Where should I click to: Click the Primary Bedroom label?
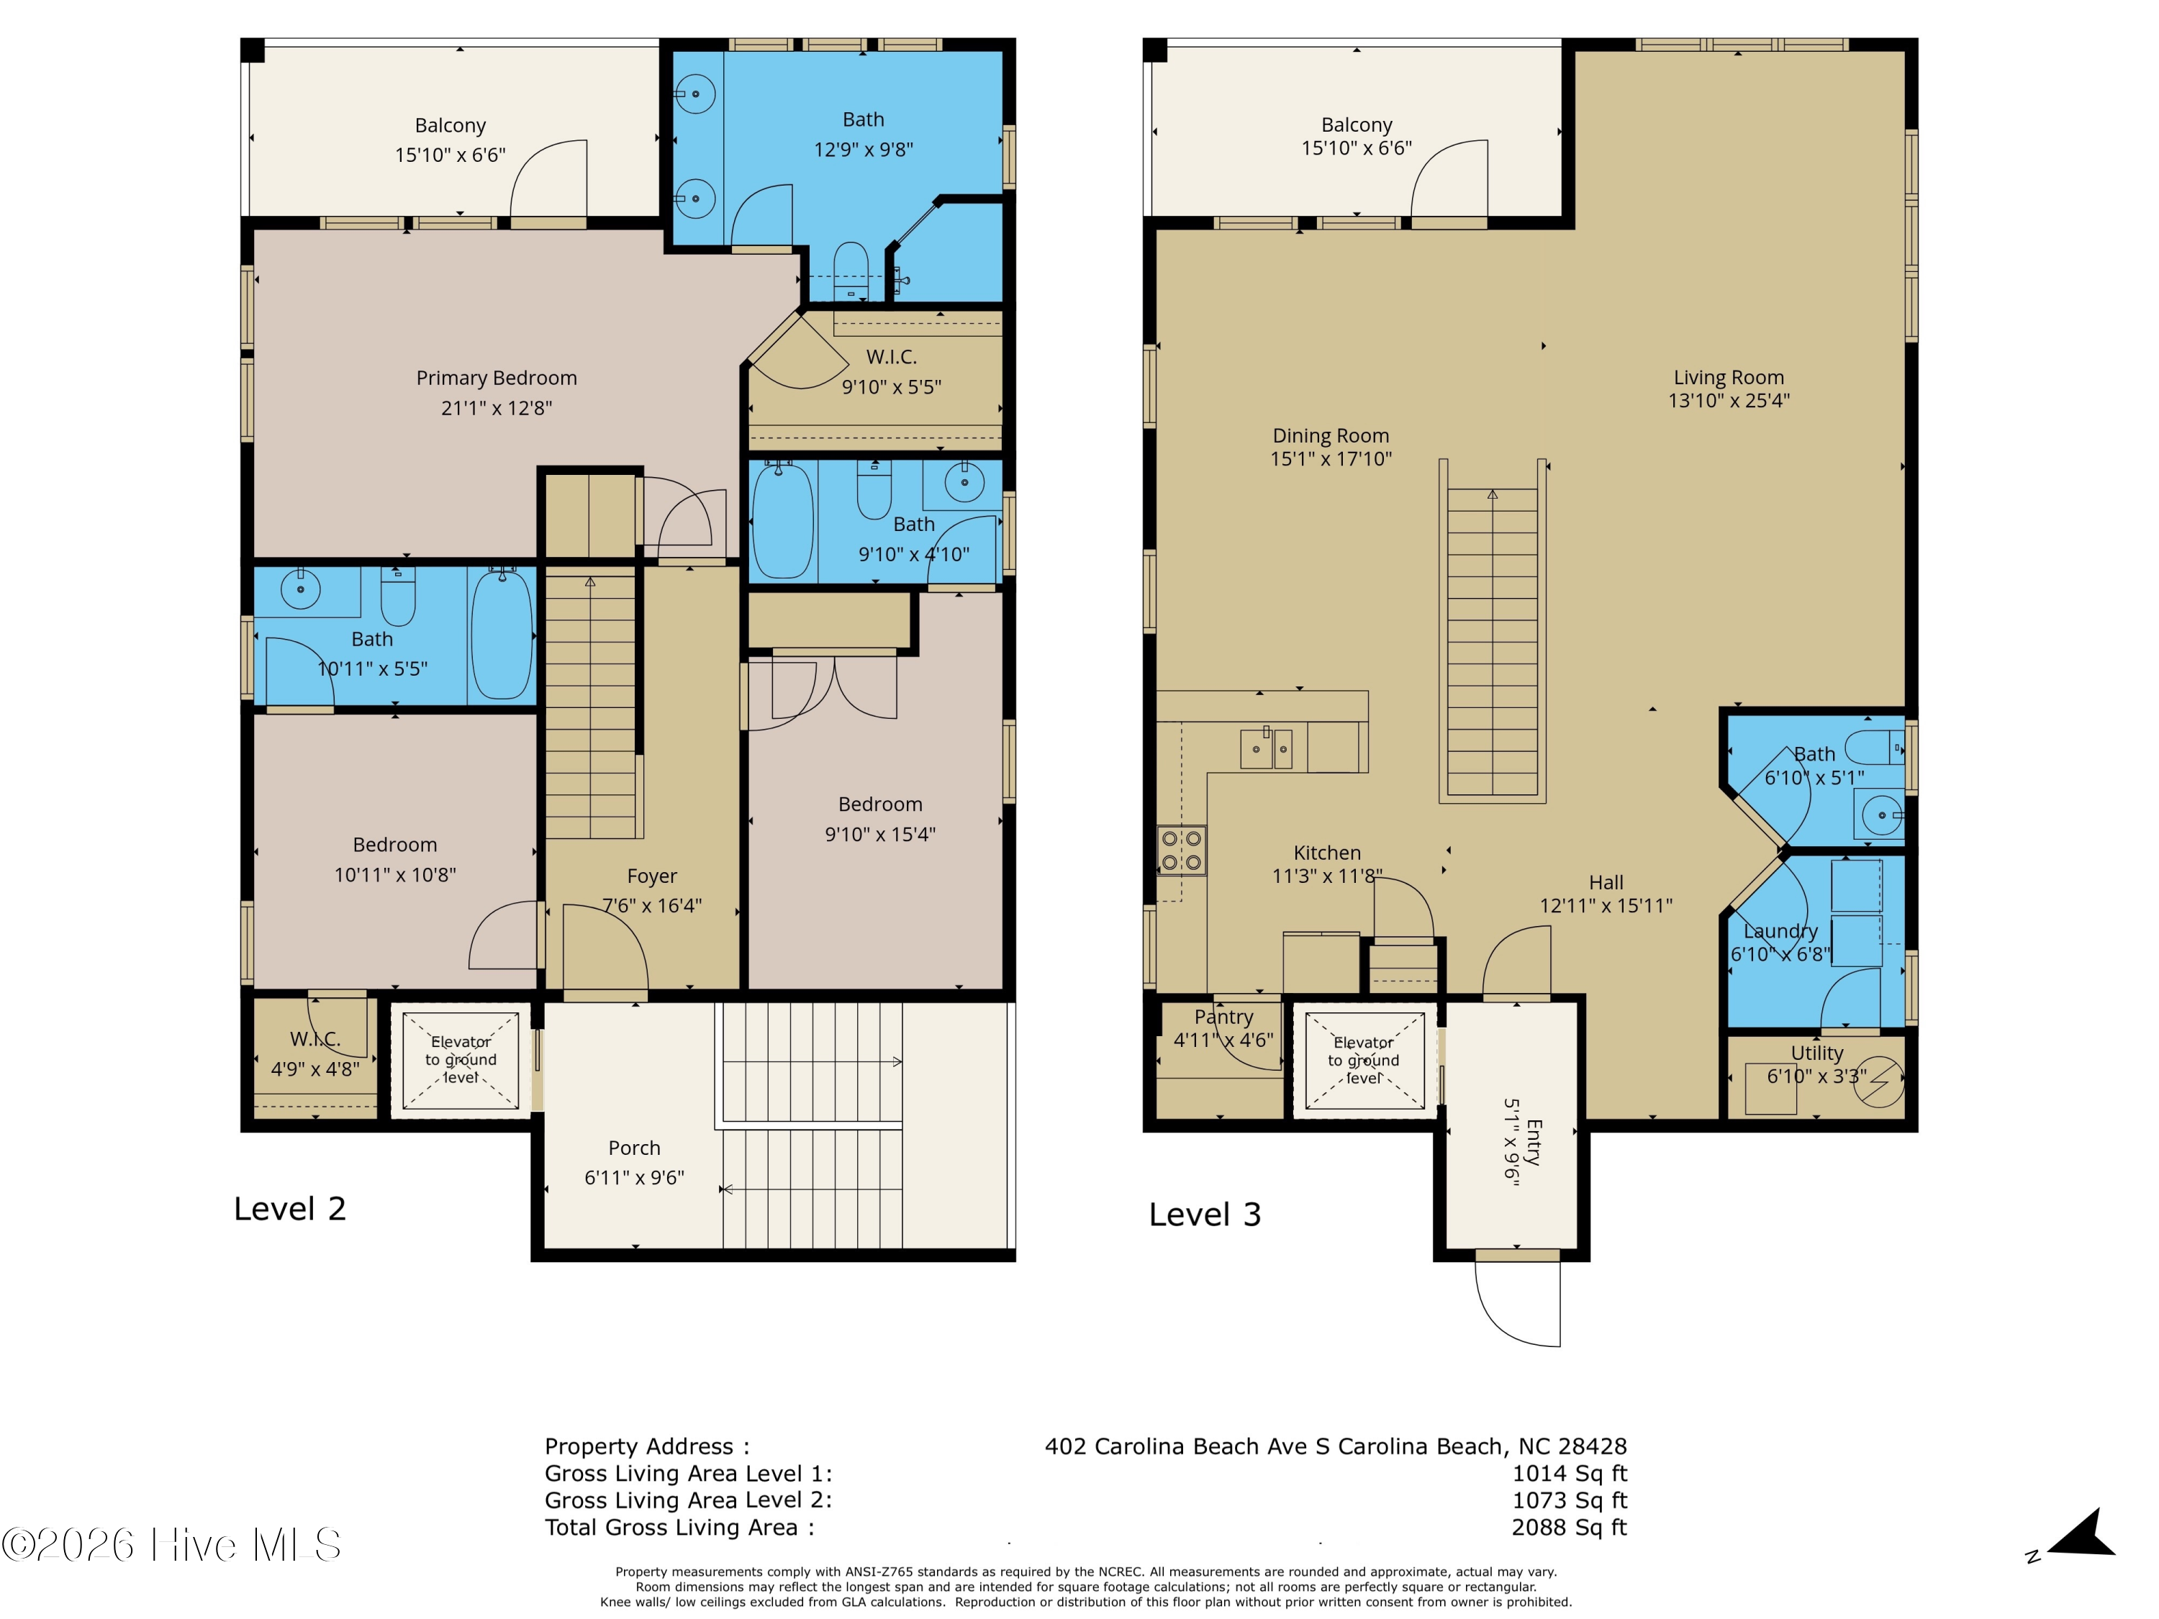tap(496, 378)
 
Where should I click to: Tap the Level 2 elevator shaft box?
tap(461, 1060)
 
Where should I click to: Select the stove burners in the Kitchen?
tap(1181, 850)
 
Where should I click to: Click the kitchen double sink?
tap(1266, 748)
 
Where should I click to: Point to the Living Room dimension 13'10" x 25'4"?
tap(1728, 400)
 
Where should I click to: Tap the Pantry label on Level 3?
tap(1223, 1017)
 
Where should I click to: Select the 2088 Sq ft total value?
tap(1568, 1528)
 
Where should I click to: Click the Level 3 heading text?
tap(1205, 1215)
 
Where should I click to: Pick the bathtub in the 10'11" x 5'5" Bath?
tap(502, 635)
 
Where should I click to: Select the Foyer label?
tap(651, 876)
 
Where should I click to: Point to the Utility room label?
tap(1816, 1053)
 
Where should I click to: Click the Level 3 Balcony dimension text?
tap(1356, 148)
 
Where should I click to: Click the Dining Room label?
tap(1331, 436)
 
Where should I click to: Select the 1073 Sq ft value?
tap(1568, 1500)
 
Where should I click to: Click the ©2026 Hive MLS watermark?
tap(172, 1545)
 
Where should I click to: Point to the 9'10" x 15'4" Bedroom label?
tap(879, 804)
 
